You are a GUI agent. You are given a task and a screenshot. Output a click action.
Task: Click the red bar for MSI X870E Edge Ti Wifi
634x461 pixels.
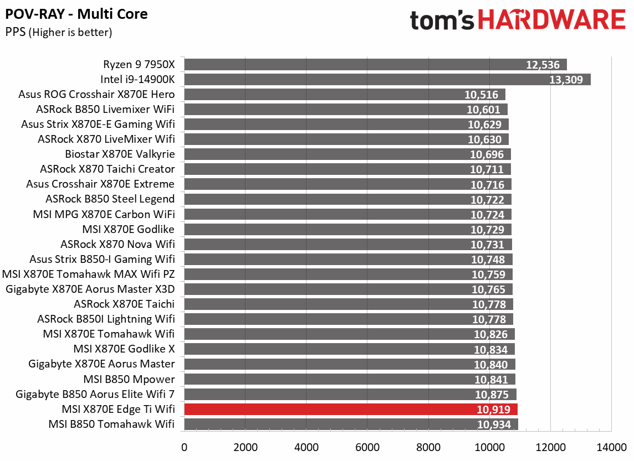point(350,409)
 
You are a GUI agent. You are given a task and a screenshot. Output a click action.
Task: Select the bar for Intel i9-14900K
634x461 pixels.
point(387,79)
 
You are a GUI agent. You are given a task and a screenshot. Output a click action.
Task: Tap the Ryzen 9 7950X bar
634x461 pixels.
point(375,64)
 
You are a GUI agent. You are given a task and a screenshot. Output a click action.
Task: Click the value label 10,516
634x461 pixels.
point(482,95)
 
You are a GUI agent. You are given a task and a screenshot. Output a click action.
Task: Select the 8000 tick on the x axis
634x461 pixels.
point(428,447)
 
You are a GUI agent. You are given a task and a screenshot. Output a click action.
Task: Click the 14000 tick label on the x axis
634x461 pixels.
point(611,447)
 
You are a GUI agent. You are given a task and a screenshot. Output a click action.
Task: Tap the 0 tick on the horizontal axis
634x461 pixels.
point(185,447)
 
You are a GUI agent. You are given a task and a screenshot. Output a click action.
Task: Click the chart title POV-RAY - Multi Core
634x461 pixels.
point(76,14)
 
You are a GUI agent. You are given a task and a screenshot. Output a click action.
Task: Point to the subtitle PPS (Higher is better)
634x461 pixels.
point(59,33)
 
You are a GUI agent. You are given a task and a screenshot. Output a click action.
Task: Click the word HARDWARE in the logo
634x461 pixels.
point(552,20)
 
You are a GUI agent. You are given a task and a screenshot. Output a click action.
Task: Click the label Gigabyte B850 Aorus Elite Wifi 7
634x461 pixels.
point(95,394)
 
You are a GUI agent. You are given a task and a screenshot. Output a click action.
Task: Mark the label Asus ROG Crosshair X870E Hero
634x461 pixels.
point(96,94)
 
